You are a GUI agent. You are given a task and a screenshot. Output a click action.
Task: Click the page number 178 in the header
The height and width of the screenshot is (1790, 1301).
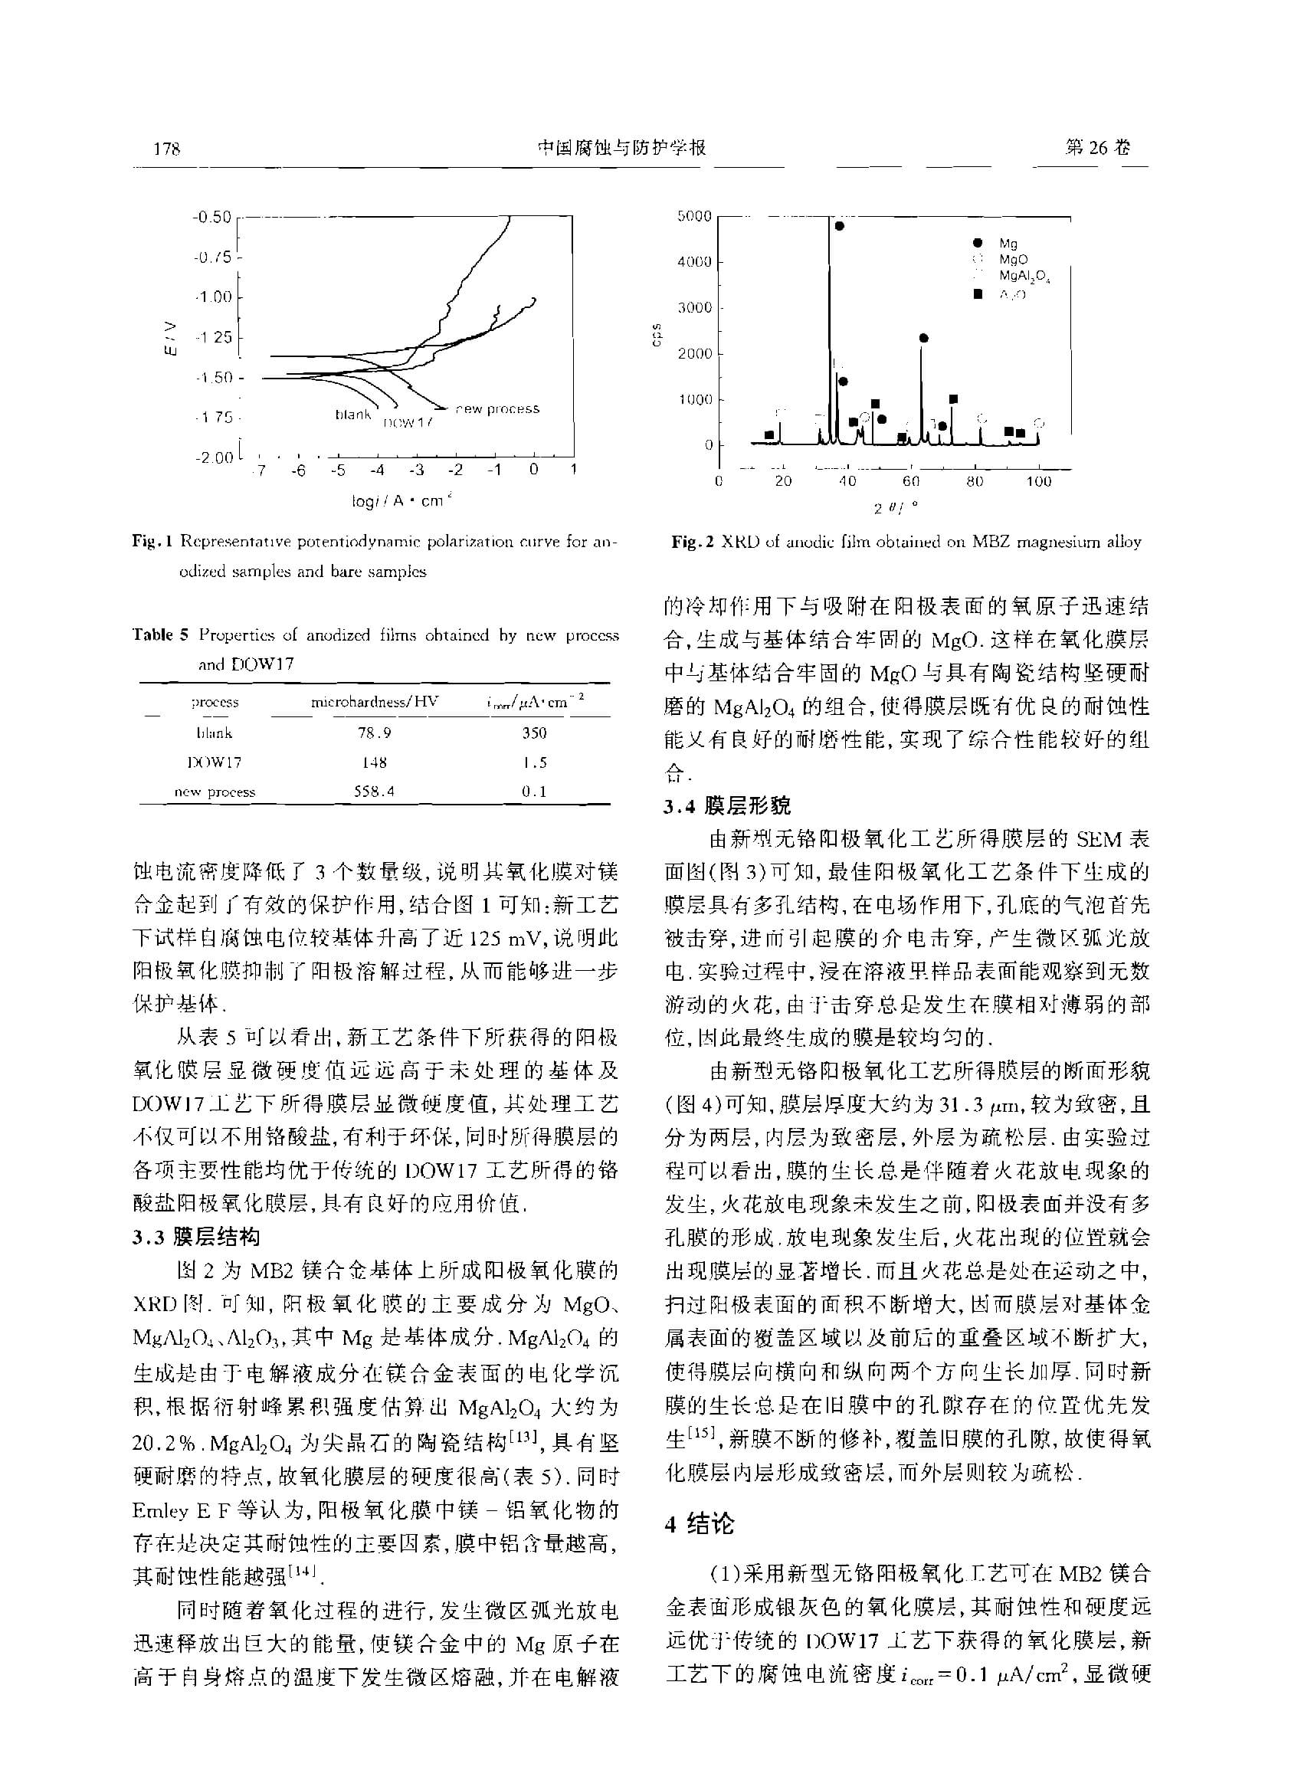tap(167, 149)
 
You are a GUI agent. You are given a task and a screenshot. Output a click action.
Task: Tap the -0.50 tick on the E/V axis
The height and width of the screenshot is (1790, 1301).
tap(211, 217)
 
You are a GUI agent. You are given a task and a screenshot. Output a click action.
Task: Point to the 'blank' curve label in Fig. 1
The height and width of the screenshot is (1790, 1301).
tap(352, 415)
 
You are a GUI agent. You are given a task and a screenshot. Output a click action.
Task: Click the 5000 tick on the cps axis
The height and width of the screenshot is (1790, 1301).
tap(694, 216)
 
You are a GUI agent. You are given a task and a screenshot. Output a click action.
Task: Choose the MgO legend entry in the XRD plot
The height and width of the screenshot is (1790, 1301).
tap(1013, 259)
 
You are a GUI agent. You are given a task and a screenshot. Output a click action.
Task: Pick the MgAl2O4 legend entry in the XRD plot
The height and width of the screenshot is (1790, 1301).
tap(1024, 275)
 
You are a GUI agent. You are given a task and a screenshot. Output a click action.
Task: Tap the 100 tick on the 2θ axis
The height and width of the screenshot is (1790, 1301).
tap(1038, 481)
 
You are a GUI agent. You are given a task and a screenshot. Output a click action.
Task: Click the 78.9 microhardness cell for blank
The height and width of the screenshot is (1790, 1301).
tap(374, 733)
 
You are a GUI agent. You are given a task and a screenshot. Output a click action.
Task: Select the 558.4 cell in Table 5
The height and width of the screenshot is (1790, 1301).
tap(374, 791)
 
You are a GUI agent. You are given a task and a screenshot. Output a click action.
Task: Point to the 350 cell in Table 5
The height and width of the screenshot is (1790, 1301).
tap(534, 733)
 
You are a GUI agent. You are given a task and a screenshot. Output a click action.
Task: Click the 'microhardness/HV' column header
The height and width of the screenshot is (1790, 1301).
tap(374, 702)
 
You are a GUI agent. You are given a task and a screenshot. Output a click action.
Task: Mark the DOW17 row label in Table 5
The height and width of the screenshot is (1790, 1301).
tap(215, 762)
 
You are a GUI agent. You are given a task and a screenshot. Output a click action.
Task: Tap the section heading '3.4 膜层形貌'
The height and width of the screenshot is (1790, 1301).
tap(726, 806)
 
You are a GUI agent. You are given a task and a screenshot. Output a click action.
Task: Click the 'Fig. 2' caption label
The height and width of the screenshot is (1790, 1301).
tap(692, 543)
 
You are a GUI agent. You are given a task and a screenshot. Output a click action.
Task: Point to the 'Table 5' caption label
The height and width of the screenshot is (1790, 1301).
tap(161, 635)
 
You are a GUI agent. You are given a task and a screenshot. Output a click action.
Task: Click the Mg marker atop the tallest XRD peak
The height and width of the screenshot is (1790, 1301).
tap(840, 227)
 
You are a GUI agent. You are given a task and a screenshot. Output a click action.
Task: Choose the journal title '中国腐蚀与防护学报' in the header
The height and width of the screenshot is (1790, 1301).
tap(621, 149)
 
